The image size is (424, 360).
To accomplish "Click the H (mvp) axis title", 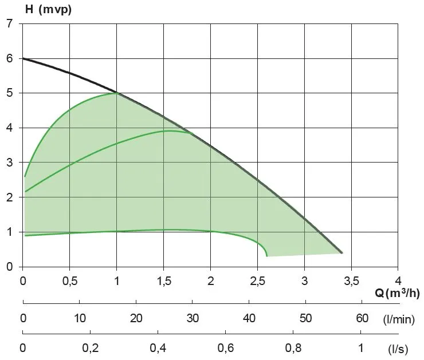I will click(x=48, y=9).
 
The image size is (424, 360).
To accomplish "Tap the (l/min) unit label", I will click(x=399, y=320).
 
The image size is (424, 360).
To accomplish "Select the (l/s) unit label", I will click(x=399, y=348).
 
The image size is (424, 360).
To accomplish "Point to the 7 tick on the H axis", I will click(x=9, y=24).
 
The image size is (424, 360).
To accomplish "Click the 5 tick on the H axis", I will click(x=9, y=93).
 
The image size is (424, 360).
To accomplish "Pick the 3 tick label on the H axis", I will click(x=9, y=163).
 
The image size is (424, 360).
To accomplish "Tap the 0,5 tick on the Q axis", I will click(x=70, y=281).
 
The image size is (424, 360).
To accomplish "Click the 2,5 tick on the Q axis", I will click(x=257, y=281).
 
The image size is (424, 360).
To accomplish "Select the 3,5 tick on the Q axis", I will click(x=351, y=281).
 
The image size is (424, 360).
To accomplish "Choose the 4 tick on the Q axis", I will click(x=398, y=281).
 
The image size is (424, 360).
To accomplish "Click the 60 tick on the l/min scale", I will click(x=362, y=318).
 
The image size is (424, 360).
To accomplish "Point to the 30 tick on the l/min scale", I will click(x=193, y=318).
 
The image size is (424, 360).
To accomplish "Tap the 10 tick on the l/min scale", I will click(x=80, y=318).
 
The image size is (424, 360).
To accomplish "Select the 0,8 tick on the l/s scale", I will click(x=293, y=347).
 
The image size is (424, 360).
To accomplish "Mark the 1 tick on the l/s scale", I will click(x=361, y=347).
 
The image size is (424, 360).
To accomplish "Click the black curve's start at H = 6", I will click(x=23, y=58).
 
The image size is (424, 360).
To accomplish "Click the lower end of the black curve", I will click(x=341, y=252).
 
